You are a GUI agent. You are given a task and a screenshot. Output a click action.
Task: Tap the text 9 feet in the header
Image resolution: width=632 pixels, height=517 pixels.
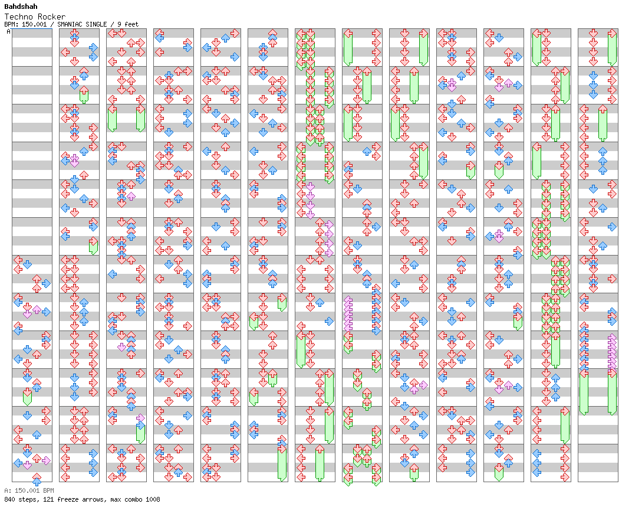[x=128, y=24]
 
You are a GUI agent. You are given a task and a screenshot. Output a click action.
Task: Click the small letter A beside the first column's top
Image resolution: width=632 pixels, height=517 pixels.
[x=8, y=32]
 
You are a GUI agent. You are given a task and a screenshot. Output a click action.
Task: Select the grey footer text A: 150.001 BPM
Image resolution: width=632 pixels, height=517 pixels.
[x=29, y=490]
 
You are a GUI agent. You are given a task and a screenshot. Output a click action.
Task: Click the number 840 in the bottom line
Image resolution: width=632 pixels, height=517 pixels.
[x=9, y=499]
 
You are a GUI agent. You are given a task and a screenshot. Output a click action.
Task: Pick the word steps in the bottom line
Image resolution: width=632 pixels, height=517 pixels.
[x=26, y=499]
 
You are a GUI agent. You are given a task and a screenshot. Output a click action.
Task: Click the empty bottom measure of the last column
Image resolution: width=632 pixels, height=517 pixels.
[x=598, y=463]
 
